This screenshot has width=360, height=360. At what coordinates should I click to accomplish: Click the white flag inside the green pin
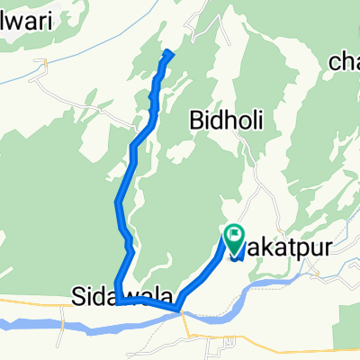[x=234, y=236]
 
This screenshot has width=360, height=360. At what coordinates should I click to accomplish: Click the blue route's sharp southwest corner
[x=117, y=306]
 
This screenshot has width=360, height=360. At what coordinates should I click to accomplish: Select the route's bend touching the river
[x=181, y=310]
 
